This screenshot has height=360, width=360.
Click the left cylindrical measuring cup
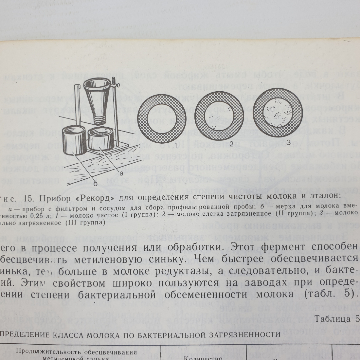click(x=74, y=140)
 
